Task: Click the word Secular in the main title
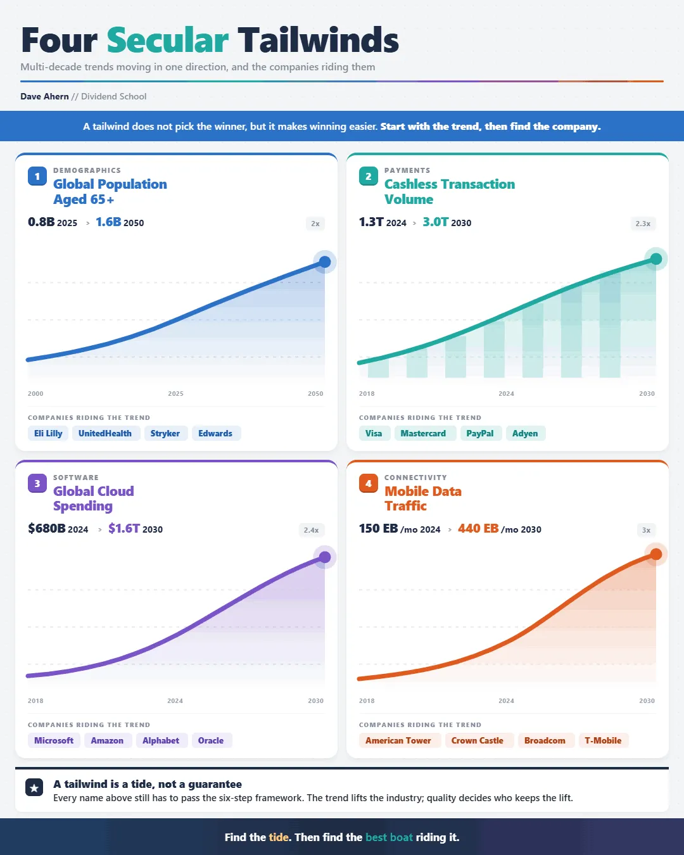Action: pyautogui.click(x=167, y=40)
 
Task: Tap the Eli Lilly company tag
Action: pyautogui.click(x=48, y=433)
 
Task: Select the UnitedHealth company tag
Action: pyautogui.click(x=105, y=433)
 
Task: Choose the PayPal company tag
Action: pyautogui.click(x=479, y=433)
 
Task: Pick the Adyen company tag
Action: pyautogui.click(x=525, y=433)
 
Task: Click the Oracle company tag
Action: pyautogui.click(x=211, y=740)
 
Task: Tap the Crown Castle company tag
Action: pyautogui.click(x=478, y=740)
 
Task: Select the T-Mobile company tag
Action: pyautogui.click(x=603, y=740)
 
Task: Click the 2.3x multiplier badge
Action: pyautogui.click(x=643, y=224)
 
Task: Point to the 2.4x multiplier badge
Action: pyautogui.click(x=311, y=530)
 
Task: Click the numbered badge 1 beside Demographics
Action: pyautogui.click(x=37, y=176)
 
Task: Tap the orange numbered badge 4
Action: pyautogui.click(x=369, y=483)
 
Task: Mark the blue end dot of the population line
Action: pyautogui.click(x=325, y=262)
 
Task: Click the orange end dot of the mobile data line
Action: pyautogui.click(x=655, y=554)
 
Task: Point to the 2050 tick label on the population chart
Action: pyautogui.click(x=315, y=393)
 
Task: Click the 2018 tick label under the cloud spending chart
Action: pyautogui.click(x=35, y=700)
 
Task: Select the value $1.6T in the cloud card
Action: pyautogui.click(x=124, y=528)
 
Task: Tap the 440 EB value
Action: pyautogui.click(x=478, y=528)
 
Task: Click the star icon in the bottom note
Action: pyautogui.click(x=34, y=787)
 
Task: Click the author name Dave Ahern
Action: pyautogui.click(x=44, y=96)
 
